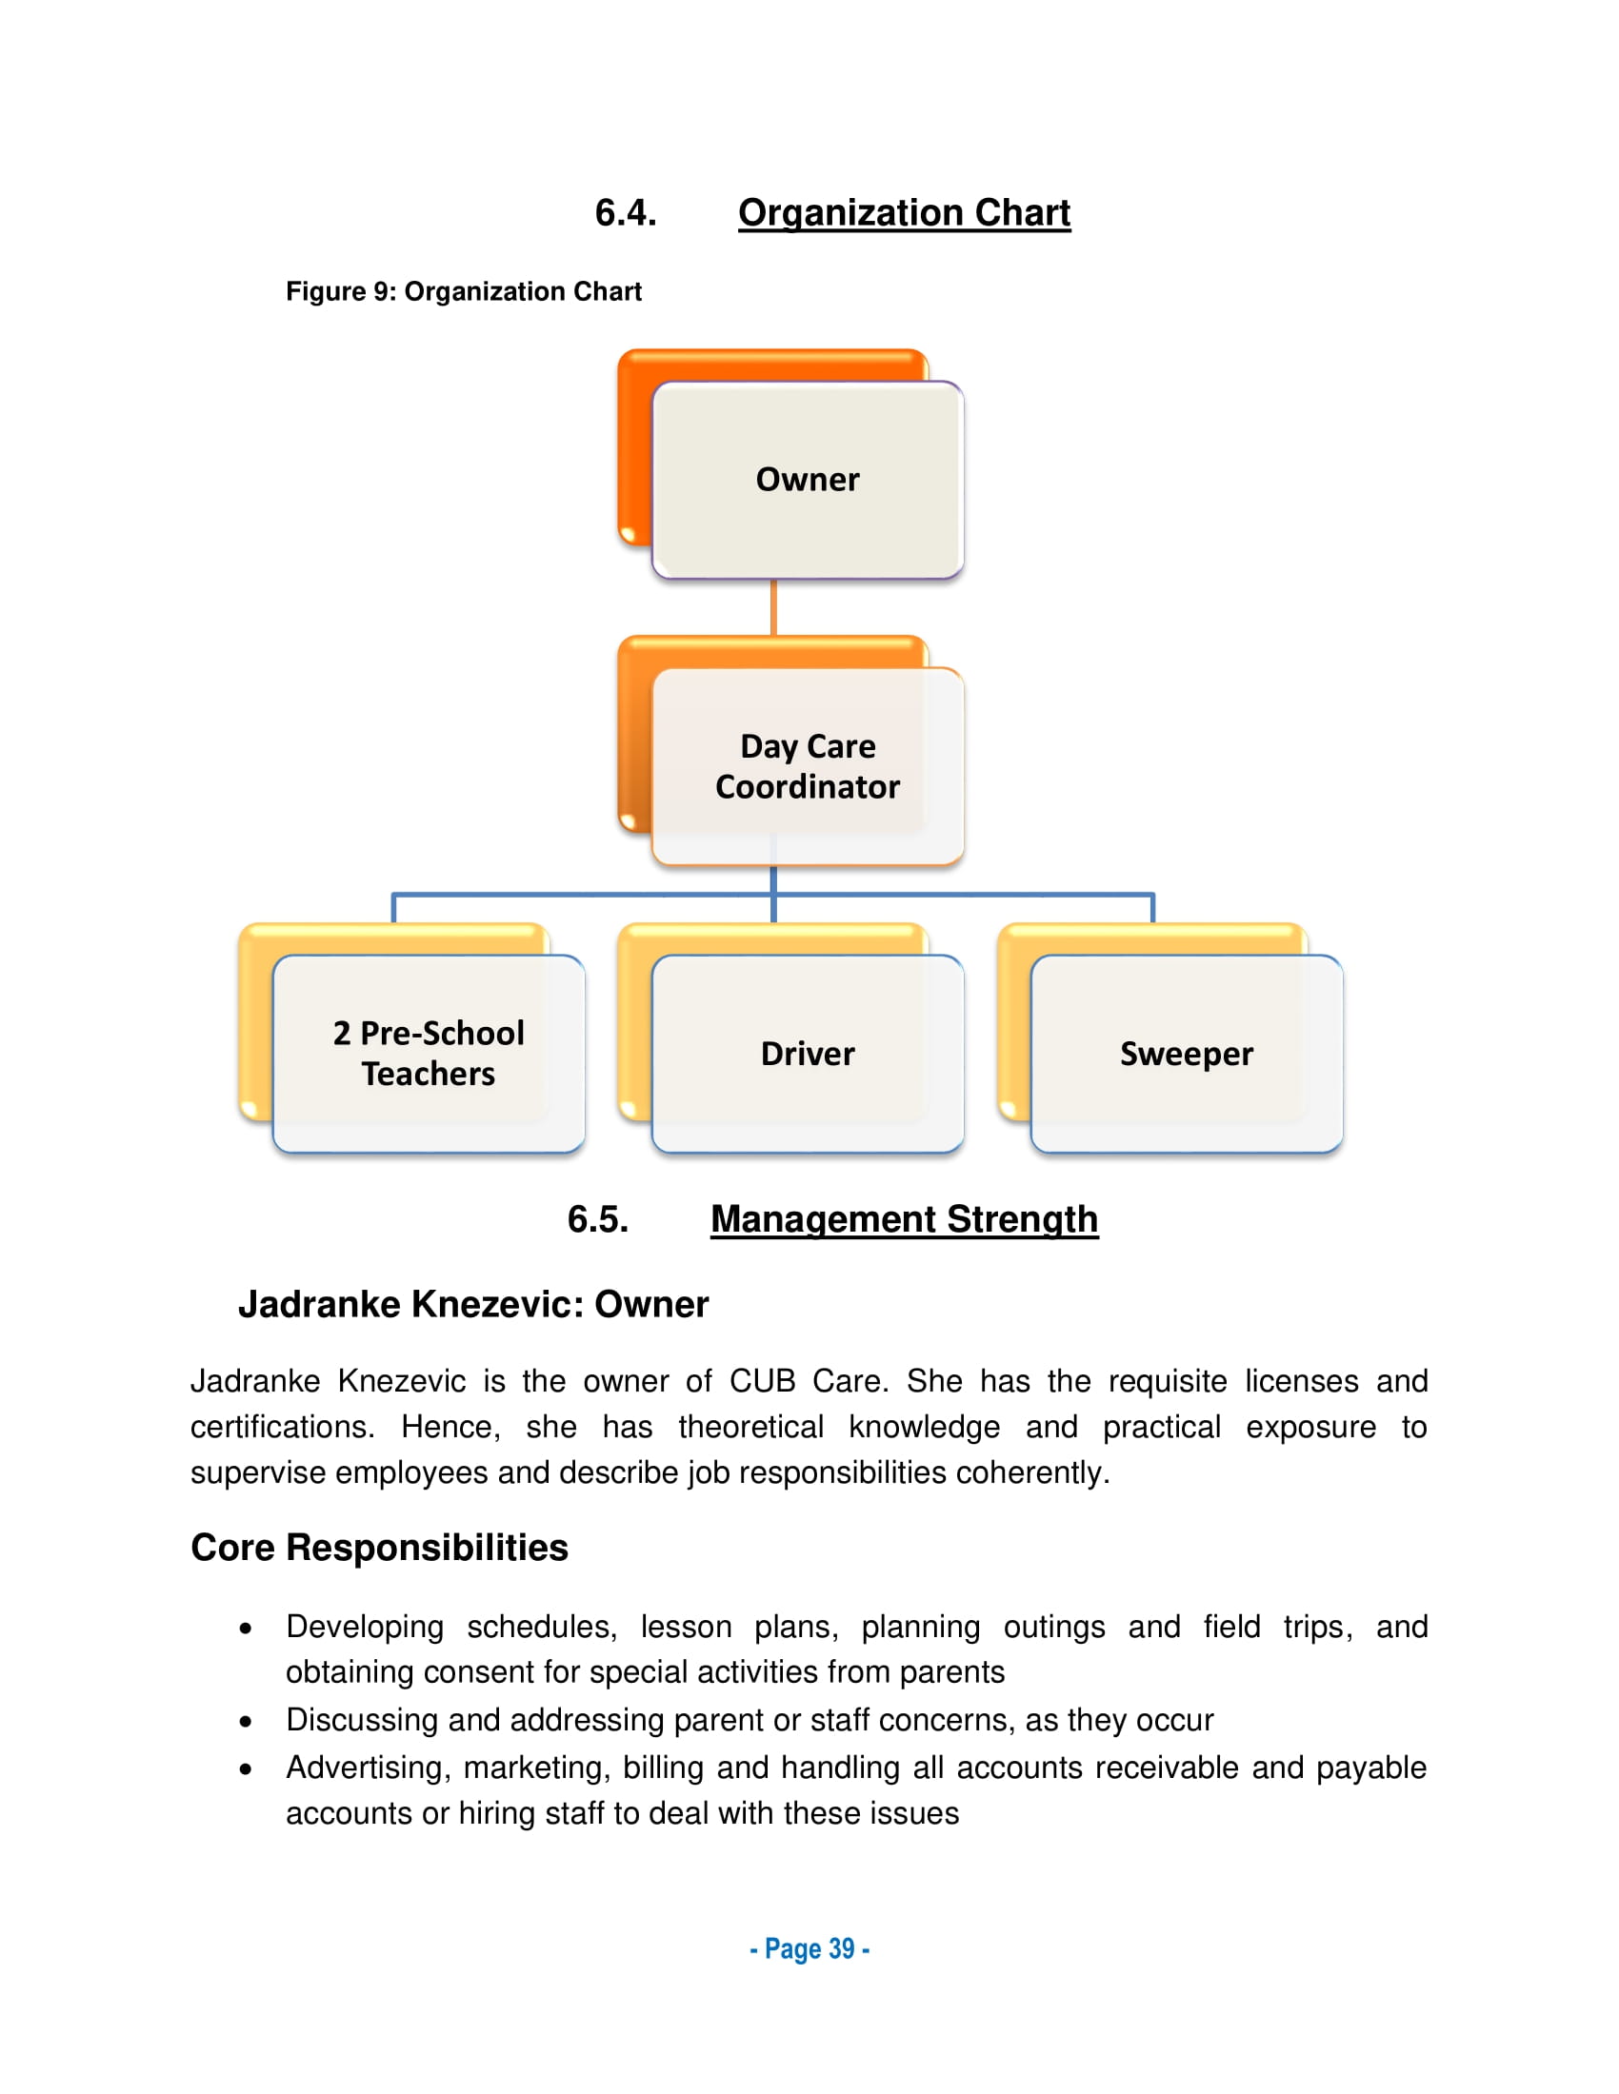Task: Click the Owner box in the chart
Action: click(x=808, y=480)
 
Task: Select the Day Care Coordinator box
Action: click(x=808, y=766)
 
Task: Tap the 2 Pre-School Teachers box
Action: click(x=428, y=1053)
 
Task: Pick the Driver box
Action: click(x=808, y=1053)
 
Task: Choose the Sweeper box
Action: click(x=1187, y=1053)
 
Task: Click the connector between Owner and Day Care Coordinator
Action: click(x=773, y=607)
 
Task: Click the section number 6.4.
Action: click(x=626, y=213)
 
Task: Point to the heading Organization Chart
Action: click(x=904, y=213)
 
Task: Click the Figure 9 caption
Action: click(x=463, y=291)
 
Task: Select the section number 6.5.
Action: click(x=597, y=1219)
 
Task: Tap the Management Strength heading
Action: click(x=904, y=1219)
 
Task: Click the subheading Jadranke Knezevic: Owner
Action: click(x=473, y=1305)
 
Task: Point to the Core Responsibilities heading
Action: click(x=379, y=1549)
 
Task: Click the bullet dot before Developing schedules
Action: click(x=247, y=1629)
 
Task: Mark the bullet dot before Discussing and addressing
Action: click(x=247, y=1722)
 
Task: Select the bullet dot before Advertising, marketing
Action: click(x=247, y=1770)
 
